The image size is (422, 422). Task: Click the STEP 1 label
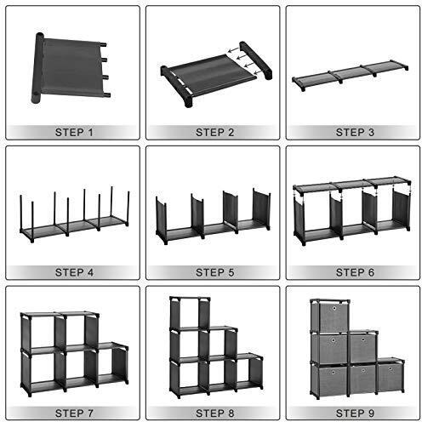point(74,132)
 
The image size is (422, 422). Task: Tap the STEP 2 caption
point(214,132)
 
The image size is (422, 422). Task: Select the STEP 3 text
point(355,132)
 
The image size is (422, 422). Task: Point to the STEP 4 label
point(74,272)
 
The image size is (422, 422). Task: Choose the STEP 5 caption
point(214,272)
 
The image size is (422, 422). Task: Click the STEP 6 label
point(355,272)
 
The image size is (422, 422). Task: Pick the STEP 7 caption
point(74,413)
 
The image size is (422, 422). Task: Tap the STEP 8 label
point(214,413)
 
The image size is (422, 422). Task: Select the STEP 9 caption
point(355,413)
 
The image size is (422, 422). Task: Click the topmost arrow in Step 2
point(233,50)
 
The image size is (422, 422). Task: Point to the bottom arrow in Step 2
point(259,72)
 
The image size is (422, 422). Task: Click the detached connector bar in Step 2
point(256,60)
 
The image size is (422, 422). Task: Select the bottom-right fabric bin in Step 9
point(390,377)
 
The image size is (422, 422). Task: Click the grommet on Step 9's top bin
point(334,308)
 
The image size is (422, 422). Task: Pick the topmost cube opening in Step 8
point(190,313)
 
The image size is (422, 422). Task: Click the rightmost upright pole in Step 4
point(128,208)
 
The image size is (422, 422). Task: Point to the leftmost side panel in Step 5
point(161,219)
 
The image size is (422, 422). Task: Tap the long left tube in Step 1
point(37,67)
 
